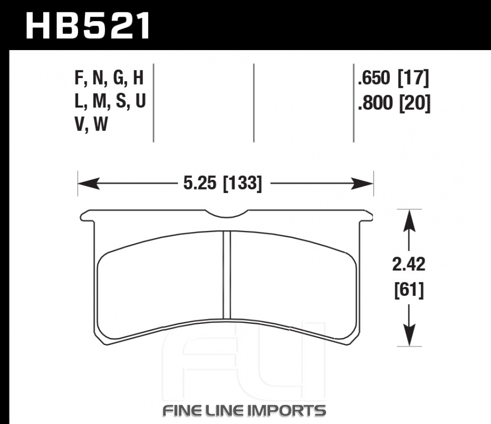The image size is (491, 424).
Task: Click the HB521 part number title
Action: tap(87, 26)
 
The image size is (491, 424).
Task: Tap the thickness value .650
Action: tap(374, 78)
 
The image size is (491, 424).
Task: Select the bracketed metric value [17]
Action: tap(413, 78)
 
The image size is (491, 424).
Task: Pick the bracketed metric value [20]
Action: tap(414, 103)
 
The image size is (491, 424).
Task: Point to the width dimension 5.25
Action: tap(199, 183)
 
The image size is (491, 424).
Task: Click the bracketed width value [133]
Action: tap(242, 183)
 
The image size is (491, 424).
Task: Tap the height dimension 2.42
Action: tap(409, 264)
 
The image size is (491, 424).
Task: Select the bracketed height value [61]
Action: tap(409, 290)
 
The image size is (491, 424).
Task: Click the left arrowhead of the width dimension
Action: tap(88, 184)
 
